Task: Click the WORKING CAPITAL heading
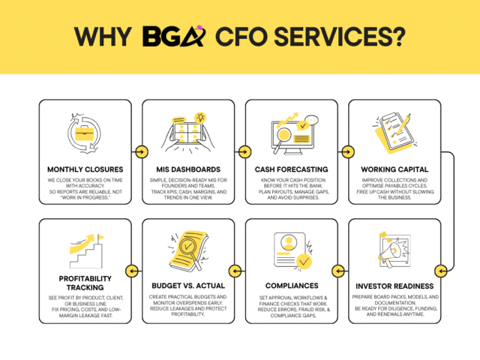(x=394, y=169)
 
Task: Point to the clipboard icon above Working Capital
(x=392, y=132)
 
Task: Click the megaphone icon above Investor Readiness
(x=393, y=252)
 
